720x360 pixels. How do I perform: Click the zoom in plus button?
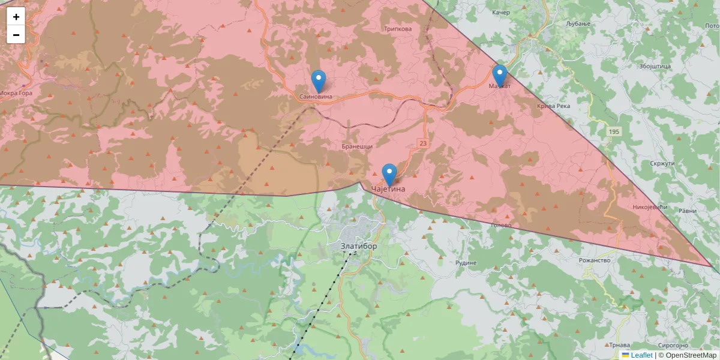[16, 17]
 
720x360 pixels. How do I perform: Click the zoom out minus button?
[16, 35]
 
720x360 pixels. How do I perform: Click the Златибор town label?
[359, 246]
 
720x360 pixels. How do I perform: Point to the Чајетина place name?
[388, 189]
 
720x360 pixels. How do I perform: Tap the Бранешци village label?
[357, 146]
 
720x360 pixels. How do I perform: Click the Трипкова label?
[397, 29]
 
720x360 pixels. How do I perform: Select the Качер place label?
[500, 13]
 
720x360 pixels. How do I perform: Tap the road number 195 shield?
[613, 131]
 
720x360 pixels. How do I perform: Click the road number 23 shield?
[424, 143]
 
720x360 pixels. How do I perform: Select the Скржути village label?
[662, 163]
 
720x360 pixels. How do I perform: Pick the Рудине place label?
[466, 263]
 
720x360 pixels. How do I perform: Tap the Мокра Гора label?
[16, 93]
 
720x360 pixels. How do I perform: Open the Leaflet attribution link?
[641, 355]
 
